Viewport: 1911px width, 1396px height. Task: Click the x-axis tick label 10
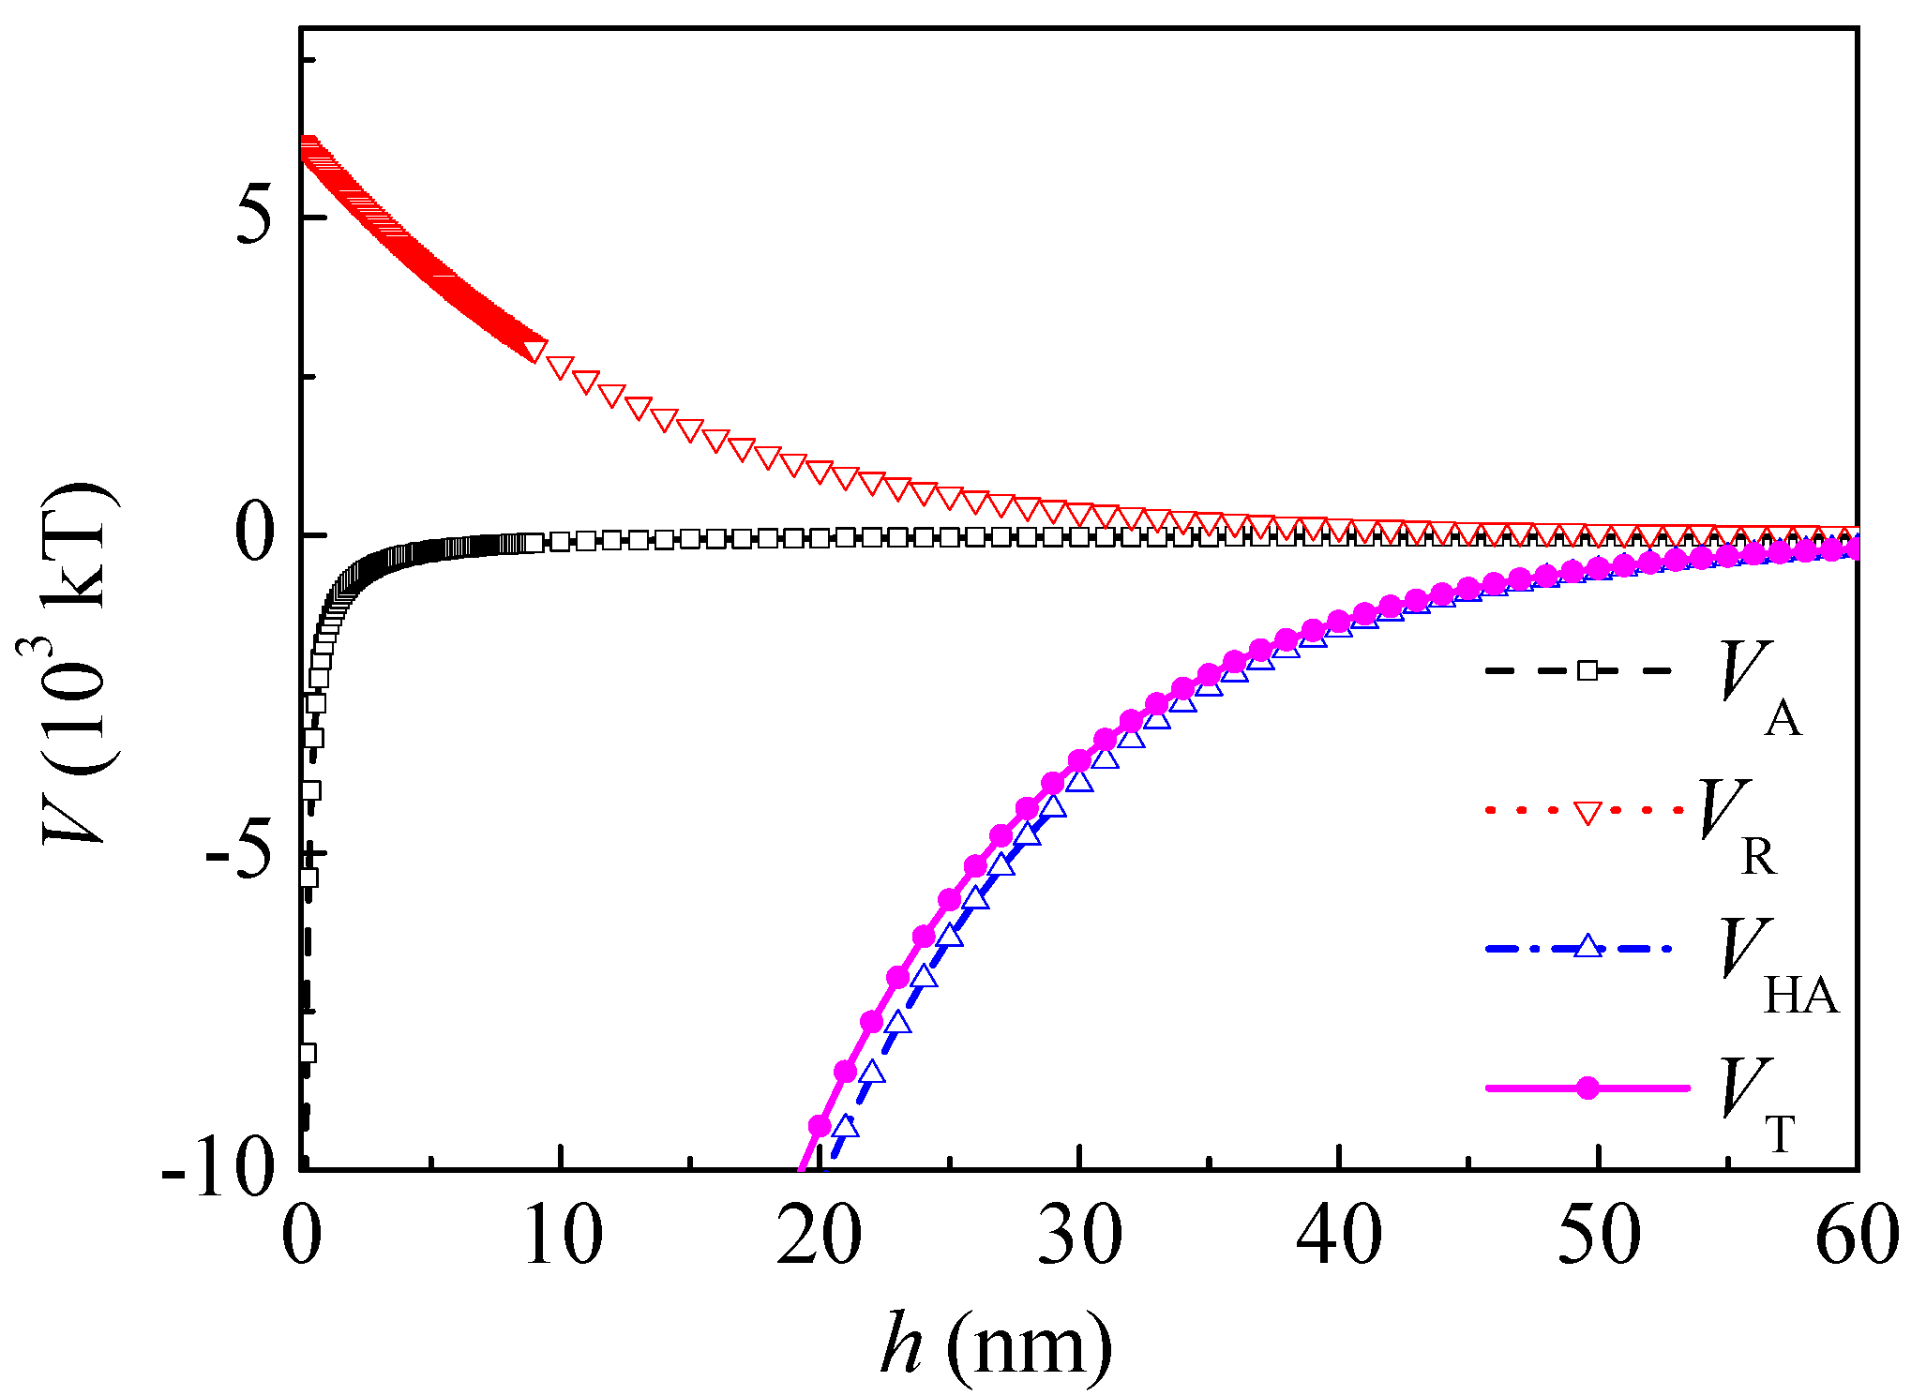pyautogui.click(x=562, y=1236)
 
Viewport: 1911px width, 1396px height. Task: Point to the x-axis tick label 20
pyautogui.click(x=820, y=1236)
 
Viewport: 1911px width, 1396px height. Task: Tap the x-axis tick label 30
pyautogui.click(x=1079, y=1236)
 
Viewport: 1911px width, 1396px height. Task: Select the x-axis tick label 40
pyautogui.click(x=1339, y=1236)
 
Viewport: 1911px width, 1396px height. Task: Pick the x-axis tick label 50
pyautogui.click(x=1599, y=1236)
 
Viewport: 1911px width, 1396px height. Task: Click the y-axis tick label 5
pyautogui.click(x=254, y=217)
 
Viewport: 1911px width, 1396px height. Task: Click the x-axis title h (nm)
pyautogui.click(x=996, y=1344)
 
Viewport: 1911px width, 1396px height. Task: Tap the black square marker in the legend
pyautogui.click(x=1587, y=670)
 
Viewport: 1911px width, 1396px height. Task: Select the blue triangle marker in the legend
pyautogui.click(x=1587, y=947)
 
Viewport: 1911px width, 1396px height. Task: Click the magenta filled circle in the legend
pyautogui.click(x=1587, y=1088)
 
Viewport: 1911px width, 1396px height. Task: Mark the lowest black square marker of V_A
pyautogui.click(x=307, y=1053)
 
